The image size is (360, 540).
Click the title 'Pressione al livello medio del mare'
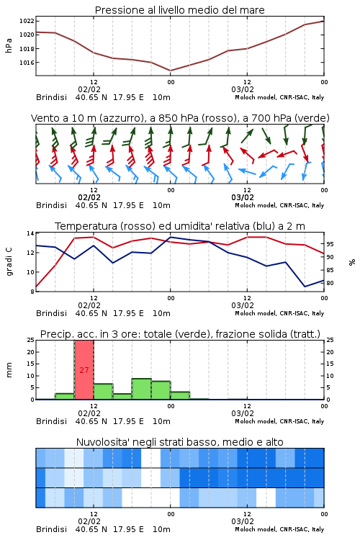point(179,10)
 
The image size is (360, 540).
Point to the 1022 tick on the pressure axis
point(27,21)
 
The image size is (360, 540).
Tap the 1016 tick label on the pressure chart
point(27,63)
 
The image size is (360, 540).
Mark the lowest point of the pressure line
point(171,71)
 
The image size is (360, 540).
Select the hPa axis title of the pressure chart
point(9,45)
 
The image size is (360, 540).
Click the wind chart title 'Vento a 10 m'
point(63,118)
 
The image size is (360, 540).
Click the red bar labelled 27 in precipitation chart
point(84,370)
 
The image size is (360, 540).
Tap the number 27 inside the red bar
point(84,370)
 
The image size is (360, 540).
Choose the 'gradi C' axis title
point(9,262)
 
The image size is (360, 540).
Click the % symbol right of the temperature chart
point(352,262)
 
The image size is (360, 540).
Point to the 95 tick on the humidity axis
point(330,244)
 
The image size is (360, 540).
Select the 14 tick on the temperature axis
point(30,233)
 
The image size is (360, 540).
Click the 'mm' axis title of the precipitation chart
point(9,370)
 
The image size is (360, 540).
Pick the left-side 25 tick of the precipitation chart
point(31,341)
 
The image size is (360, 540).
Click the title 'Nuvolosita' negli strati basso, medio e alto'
point(179,442)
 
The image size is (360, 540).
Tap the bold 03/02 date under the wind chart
point(243,198)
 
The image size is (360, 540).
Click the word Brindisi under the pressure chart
point(51,97)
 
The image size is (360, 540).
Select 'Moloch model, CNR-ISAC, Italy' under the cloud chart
point(279,529)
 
